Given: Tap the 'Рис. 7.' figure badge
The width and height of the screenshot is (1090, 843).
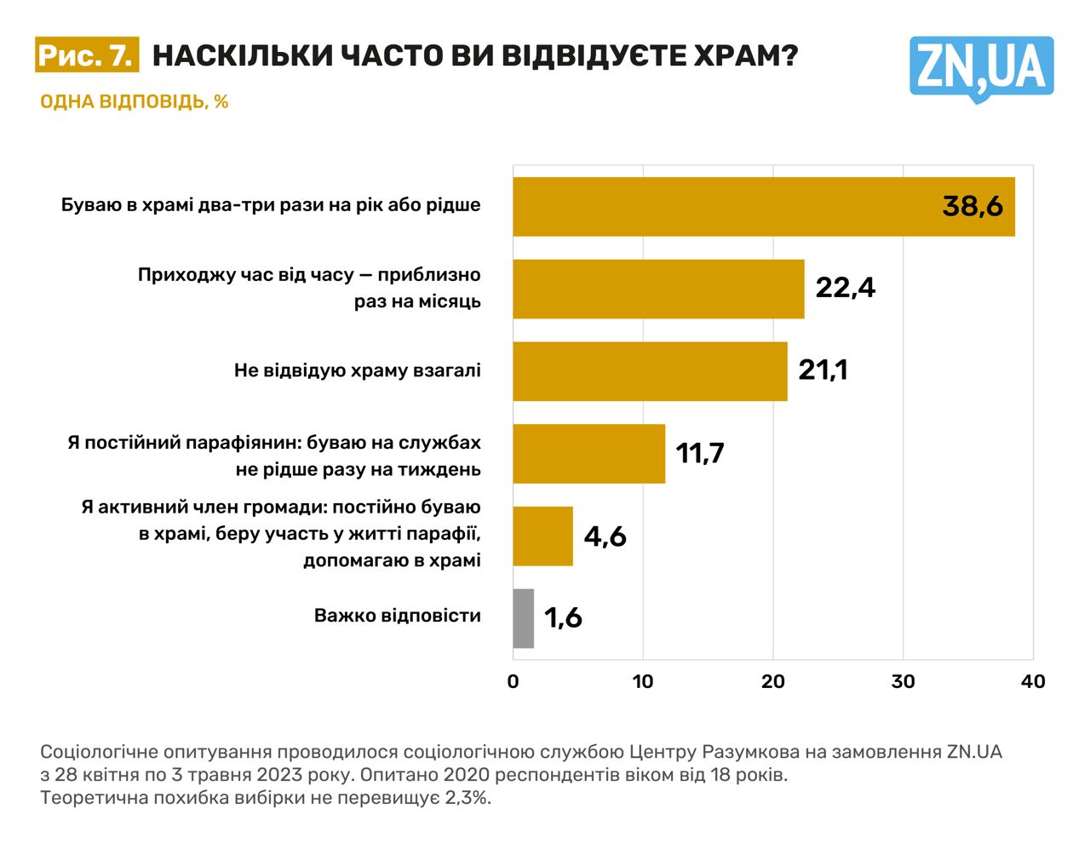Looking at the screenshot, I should [x=86, y=55].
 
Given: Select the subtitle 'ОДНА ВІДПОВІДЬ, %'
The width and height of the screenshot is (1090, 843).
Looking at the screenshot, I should [x=135, y=101].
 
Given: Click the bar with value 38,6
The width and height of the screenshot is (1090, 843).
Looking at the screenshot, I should [x=724, y=206].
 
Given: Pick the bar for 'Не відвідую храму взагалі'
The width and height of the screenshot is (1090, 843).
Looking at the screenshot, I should [x=650, y=371].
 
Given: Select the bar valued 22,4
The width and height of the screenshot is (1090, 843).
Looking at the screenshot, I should [x=658, y=289].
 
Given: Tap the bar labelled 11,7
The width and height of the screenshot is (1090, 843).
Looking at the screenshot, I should [x=588, y=454].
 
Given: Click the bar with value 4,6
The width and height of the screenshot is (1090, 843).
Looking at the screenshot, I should [x=542, y=536].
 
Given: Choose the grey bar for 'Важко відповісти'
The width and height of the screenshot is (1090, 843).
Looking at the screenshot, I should [x=523, y=618].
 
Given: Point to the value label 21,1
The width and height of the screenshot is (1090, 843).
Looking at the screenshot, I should [x=823, y=370].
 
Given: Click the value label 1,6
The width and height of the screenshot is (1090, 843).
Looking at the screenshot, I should [x=563, y=617].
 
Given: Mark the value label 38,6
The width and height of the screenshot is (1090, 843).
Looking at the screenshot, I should [x=972, y=206].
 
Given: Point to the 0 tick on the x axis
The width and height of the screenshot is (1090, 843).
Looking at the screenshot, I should [x=513, y=681].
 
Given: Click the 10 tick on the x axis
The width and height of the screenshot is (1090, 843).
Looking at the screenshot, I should [x=643, y=681].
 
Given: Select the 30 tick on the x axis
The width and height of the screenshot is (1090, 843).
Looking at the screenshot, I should [x=903, y=681].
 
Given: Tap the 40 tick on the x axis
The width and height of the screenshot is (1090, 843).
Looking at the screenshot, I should [x=1032, y=681].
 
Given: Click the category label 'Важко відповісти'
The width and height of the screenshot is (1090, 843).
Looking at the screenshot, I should [x=397, y=616].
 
